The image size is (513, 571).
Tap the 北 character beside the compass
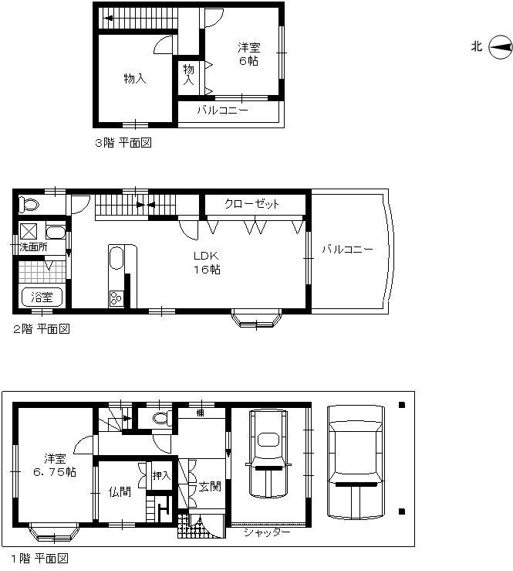(477, 47)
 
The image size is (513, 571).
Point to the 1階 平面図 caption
(39, 557)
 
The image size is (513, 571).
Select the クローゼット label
(251, 204)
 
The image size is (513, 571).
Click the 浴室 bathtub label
(42, 297)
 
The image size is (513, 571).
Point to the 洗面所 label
(34, 247)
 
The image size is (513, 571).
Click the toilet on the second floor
(29, 205)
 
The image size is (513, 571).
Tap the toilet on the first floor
(161, 418)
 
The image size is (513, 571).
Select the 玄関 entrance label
(209, 486)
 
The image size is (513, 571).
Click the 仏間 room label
(120, 491)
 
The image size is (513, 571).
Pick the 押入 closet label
(160, 475)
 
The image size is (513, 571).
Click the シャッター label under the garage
(266, 532)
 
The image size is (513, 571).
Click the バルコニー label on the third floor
(222, 110)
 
